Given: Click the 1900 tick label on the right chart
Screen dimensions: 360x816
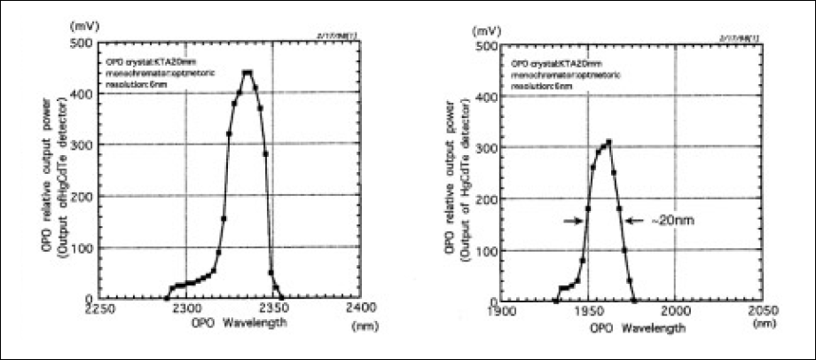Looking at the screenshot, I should [502, 311].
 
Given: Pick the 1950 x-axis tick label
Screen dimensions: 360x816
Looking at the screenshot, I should [588, 311].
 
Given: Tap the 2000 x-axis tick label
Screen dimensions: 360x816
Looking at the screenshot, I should [675, 311].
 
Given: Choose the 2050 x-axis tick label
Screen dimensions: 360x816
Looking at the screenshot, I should [761, 311].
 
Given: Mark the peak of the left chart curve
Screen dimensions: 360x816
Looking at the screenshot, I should [247, 73].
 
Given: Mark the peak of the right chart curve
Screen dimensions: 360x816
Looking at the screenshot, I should [608, 142].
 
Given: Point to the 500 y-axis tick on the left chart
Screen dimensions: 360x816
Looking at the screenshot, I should [82, 43].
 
